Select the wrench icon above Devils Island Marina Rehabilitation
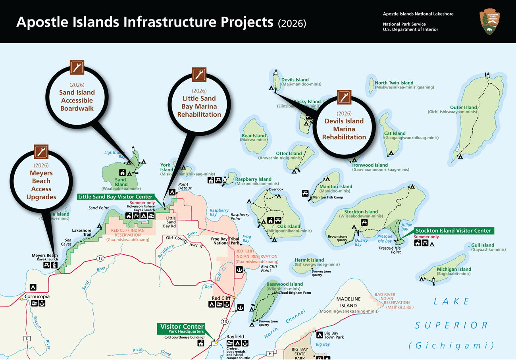tap(344, 98)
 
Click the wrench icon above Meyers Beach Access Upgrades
tap(41, 152)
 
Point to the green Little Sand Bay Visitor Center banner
tap(116, 196)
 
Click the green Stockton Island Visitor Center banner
tap(452, 231)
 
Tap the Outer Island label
tap(464, 107)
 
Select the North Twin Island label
tap(394, 83)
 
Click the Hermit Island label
tap(309, 260)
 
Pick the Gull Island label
tap(483, 245)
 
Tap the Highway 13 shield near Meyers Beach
tap(99, 259)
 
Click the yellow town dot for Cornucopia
tap(22, 298)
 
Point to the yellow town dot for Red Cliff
tap(234, 298)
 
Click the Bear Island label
tap(254, 136)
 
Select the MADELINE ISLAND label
tap(348, 302)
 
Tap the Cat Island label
tap(395, 133)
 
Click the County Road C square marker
tap(27, 338)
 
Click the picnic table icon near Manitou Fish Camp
tap(305, 193)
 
